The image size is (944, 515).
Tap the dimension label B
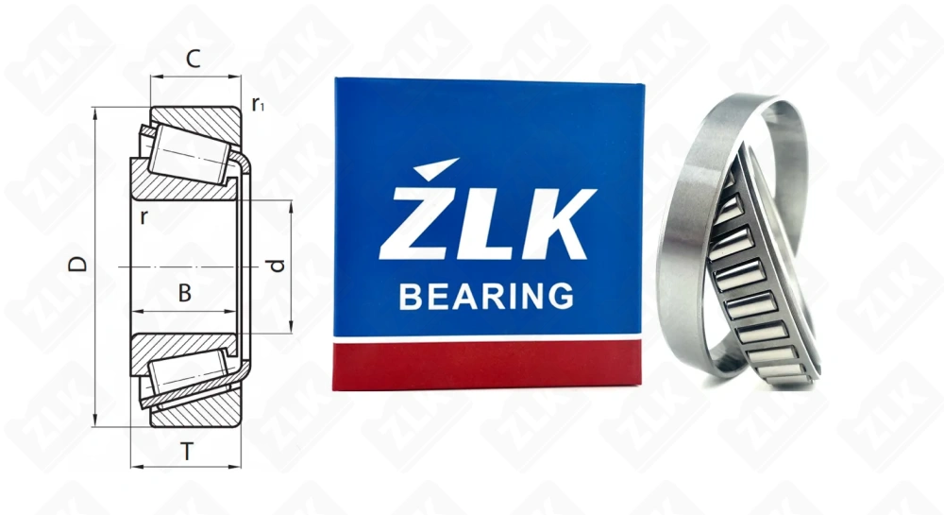(185, 294)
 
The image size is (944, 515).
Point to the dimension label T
(187, 453)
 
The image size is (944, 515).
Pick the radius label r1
(258, 105)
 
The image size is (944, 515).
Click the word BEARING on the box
(486, 297)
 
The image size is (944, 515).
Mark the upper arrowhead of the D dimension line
(96, 112)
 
